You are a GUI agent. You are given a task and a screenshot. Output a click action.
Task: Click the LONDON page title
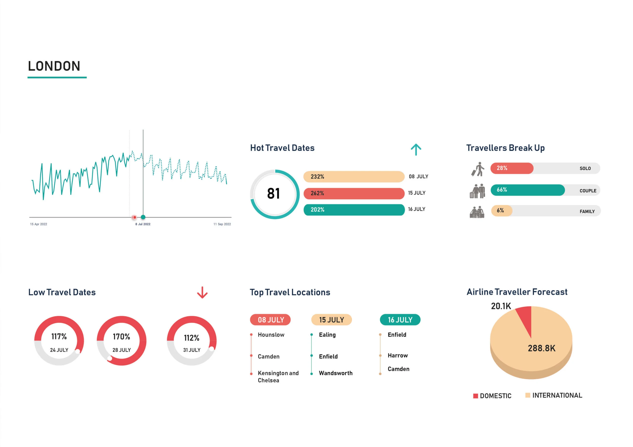click(x=54, y=66)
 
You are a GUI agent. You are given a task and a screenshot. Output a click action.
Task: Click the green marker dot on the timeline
click(x=143, y=217)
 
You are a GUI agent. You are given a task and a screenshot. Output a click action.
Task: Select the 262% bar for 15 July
click(x=354, y=193)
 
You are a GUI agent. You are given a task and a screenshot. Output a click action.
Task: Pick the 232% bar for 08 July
click(x=354, y=177)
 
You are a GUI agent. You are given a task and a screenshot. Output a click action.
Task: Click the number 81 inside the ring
click(x=273, y=194)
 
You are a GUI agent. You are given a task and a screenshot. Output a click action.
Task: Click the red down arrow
click(x=202, y=292)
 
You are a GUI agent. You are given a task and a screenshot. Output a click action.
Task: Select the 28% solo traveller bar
click(x=511, y=168)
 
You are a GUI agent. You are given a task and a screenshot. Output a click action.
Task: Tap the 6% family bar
click(x=501, y=211)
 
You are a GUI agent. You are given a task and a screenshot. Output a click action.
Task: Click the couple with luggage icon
click(x=477, y=191)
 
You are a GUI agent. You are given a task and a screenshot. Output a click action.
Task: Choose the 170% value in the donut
click(x=121, y=337)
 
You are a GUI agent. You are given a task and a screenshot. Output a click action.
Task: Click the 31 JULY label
click(x=192, y=350)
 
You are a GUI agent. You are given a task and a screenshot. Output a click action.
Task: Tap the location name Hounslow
click(x=271, y=335)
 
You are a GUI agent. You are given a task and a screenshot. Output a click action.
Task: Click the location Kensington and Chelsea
click(x=278, y=377)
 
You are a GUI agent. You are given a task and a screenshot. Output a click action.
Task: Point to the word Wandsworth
click(x=336, y=373)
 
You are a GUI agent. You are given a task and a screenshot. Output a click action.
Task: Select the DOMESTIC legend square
click(x=475, y=396)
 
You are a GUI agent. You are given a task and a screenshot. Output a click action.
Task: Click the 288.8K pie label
click(x=542, y=348)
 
